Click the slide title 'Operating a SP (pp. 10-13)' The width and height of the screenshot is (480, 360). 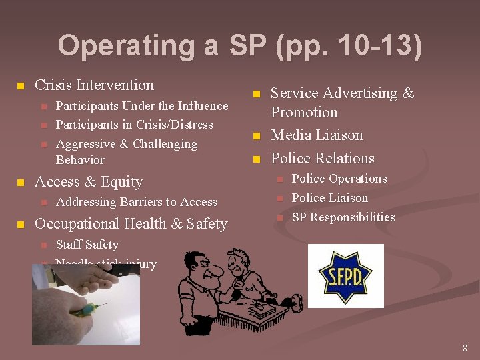(240, 47)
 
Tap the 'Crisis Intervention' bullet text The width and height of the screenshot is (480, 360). (94, 85)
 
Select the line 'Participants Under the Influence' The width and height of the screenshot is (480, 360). (142, 106)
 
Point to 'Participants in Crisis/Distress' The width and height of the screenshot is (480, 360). (135, 125)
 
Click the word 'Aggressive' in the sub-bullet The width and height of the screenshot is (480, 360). (85, 144)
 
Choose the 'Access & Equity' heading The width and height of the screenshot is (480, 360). (89, 182)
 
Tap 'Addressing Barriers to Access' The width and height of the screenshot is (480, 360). (137, 202)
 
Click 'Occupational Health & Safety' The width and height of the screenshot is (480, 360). (131, 224)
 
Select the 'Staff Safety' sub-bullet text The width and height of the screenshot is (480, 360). (87, 245)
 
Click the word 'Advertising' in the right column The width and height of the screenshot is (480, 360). (359, 93)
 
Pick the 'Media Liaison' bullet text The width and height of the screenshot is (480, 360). (317, 135)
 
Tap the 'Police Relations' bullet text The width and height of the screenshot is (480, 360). (323, 159)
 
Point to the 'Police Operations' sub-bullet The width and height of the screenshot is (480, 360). (339, 179)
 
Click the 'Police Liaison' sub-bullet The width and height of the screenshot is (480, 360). (330, 198)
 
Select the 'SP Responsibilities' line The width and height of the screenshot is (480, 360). (343, 217)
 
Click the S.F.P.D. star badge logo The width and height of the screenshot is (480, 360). (345, 275)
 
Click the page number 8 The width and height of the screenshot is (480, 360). (465, 348)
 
